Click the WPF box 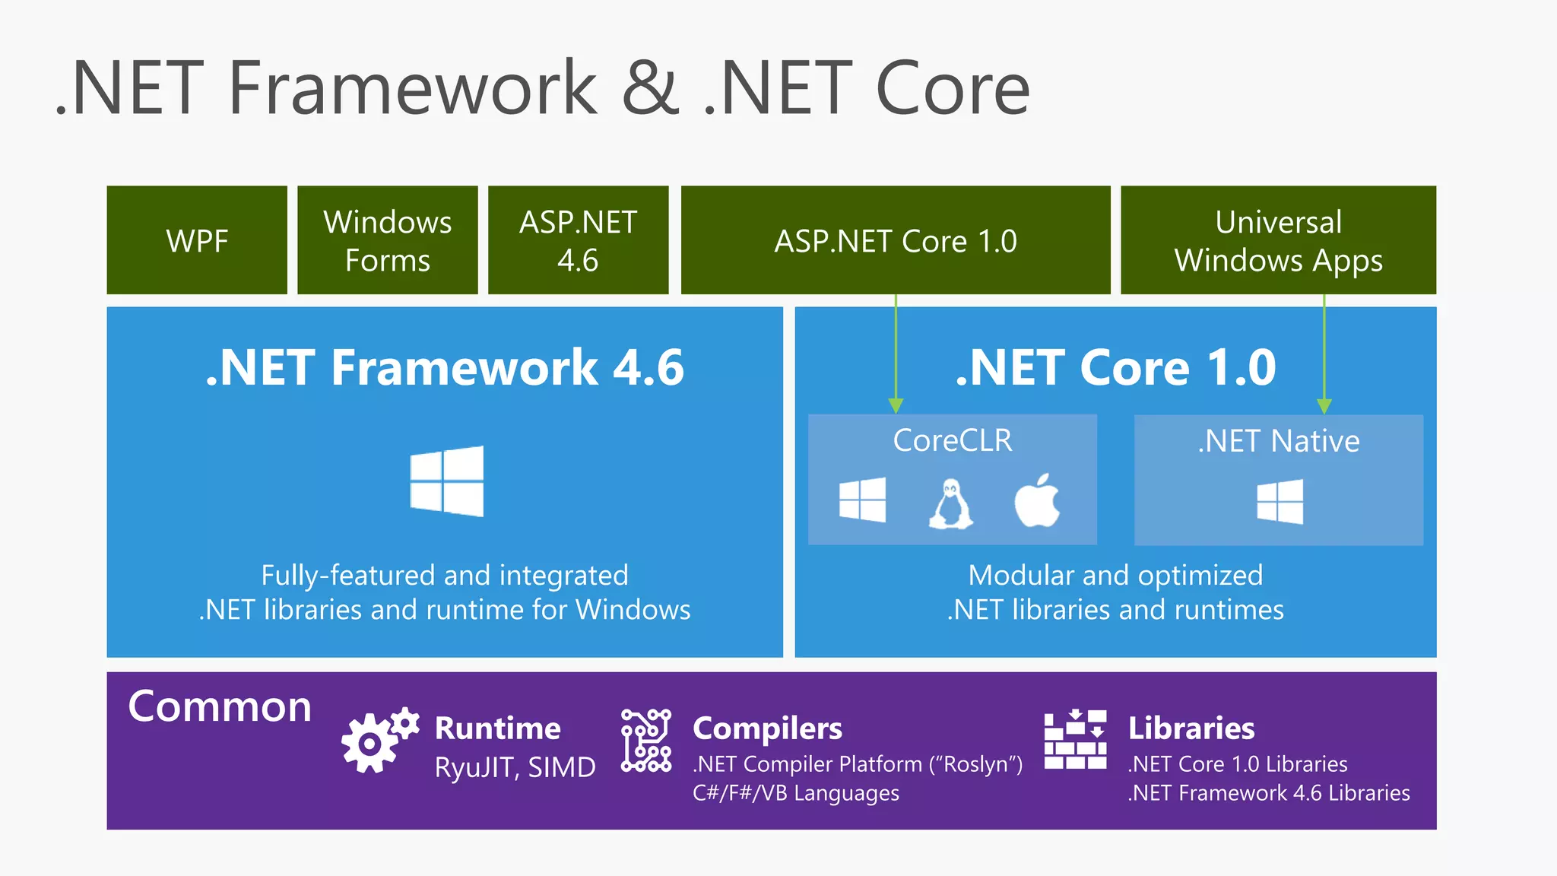[197, 240]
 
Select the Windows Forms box [388, 240]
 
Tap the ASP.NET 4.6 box [578, 240]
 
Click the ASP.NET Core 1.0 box [895, 240]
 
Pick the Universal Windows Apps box [1278, 240]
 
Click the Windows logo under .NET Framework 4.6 [447, 481]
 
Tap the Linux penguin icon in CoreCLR [950, 503]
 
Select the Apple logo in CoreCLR [1037, 500]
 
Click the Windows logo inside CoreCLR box [863, 500]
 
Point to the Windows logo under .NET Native [1280, 501]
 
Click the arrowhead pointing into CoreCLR [896, 405]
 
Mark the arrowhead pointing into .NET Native [1324, 405]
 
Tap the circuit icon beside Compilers [646, 740]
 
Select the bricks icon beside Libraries [1075, 740]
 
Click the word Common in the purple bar [220, 706]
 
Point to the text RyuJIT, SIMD [515, 767]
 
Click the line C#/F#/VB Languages [795, 793]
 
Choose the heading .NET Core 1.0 [1115, 368]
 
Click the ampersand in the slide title [651, 88]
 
